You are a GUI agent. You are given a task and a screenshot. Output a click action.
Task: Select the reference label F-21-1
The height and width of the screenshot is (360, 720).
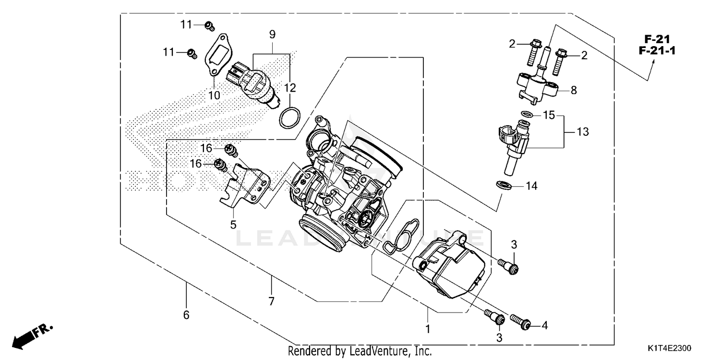[x=653, y=50]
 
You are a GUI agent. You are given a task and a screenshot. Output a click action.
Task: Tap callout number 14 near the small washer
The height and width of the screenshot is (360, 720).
[x=532, y=185]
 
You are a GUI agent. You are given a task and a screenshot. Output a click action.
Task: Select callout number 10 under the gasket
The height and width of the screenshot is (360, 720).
[x=214, y=95]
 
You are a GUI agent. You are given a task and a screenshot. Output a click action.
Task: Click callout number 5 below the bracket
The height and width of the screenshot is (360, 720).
[x=233, y=224]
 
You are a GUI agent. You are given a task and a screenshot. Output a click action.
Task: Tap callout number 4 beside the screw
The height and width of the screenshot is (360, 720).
[x=544, y=325]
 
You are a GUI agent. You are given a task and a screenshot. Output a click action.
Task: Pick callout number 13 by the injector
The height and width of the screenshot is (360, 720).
[x=582, y=132]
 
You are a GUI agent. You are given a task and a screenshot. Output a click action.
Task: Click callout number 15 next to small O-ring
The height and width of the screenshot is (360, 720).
[x=549, y=115]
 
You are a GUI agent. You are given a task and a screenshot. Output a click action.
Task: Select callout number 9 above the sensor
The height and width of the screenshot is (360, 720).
[x=272, y=35]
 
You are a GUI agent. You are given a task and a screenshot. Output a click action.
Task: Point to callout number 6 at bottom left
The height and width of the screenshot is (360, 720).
[x=186, y=315]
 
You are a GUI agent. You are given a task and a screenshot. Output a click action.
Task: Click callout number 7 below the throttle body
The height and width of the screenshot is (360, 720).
[x=271, y=301]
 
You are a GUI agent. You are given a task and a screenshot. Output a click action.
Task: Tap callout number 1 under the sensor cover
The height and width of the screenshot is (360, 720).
[x=428, y=329]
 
